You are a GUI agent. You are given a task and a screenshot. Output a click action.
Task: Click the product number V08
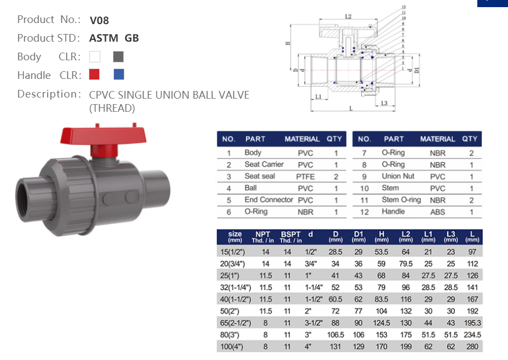tap(99, 20)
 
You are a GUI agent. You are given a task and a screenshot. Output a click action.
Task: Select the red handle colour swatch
tap(94, 74)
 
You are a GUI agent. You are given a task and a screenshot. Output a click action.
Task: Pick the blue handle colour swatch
tap(118, 74)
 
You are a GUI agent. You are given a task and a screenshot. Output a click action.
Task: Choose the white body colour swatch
tap(94, 56)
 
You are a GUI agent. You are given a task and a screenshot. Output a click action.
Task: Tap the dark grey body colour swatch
tap(118, 56)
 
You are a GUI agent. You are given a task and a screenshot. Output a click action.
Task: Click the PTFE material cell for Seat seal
tap(305, 176)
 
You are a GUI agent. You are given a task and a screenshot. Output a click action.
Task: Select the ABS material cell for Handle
tap(437, 212)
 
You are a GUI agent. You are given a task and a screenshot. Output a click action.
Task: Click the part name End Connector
tap(269, 200)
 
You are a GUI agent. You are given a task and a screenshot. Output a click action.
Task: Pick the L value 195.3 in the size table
tap(472, 323)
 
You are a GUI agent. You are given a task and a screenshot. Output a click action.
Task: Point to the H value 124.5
tap(381, 323)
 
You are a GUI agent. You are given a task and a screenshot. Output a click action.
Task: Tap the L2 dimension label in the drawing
tap(348, 17)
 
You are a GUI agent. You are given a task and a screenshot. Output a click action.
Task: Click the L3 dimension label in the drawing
tap(384, 103)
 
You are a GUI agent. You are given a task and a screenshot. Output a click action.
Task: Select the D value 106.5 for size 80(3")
tap(335, 335)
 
